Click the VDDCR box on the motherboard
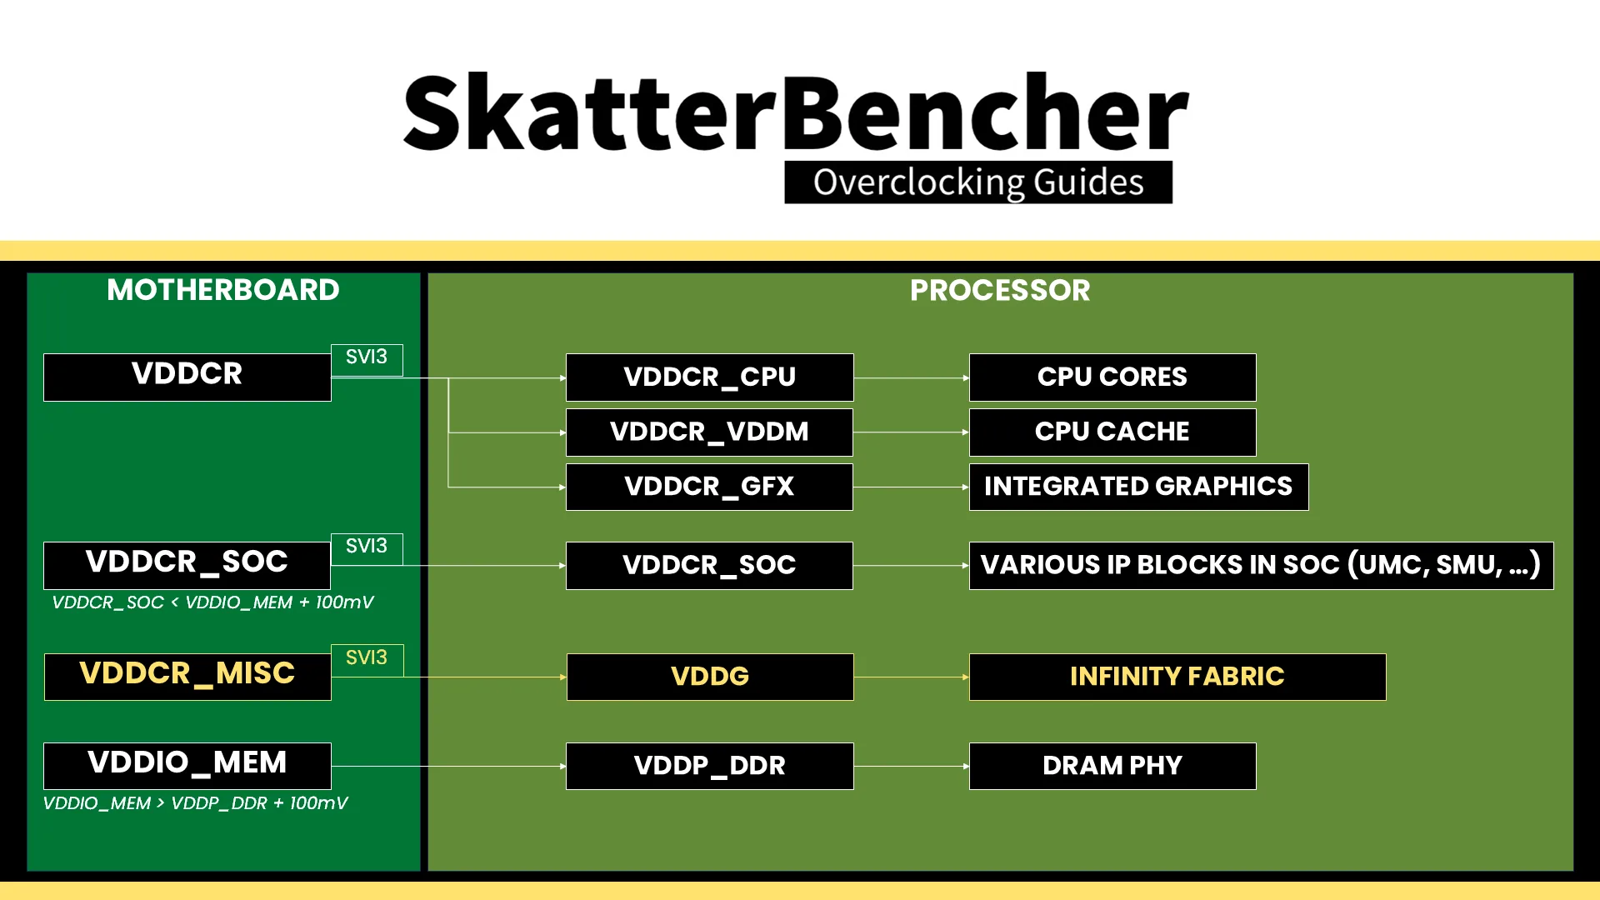coord(187,377)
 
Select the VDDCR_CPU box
coord(709,377)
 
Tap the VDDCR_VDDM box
coord(709,432)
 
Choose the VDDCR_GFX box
coord(709,487)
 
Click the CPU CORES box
coord(1112,377)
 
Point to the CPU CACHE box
coord(1112,432)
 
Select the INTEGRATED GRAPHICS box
coord(1138,487)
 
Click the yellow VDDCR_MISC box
coord(187,676)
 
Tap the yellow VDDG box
coord(709,676)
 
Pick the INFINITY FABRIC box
coord(1177,676)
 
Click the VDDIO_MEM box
coord(187,765)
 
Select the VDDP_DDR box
coord(709,765)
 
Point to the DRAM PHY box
coord(1112,765)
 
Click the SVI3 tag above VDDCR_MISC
coord(367,658)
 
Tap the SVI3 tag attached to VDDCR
coord(367,358)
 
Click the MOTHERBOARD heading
coord(223,290)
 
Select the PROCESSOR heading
coord(999,290)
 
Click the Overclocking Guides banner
coord(977,182)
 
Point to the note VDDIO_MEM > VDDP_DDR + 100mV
coord(195,803)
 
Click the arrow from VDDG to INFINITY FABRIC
coord(911,677)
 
